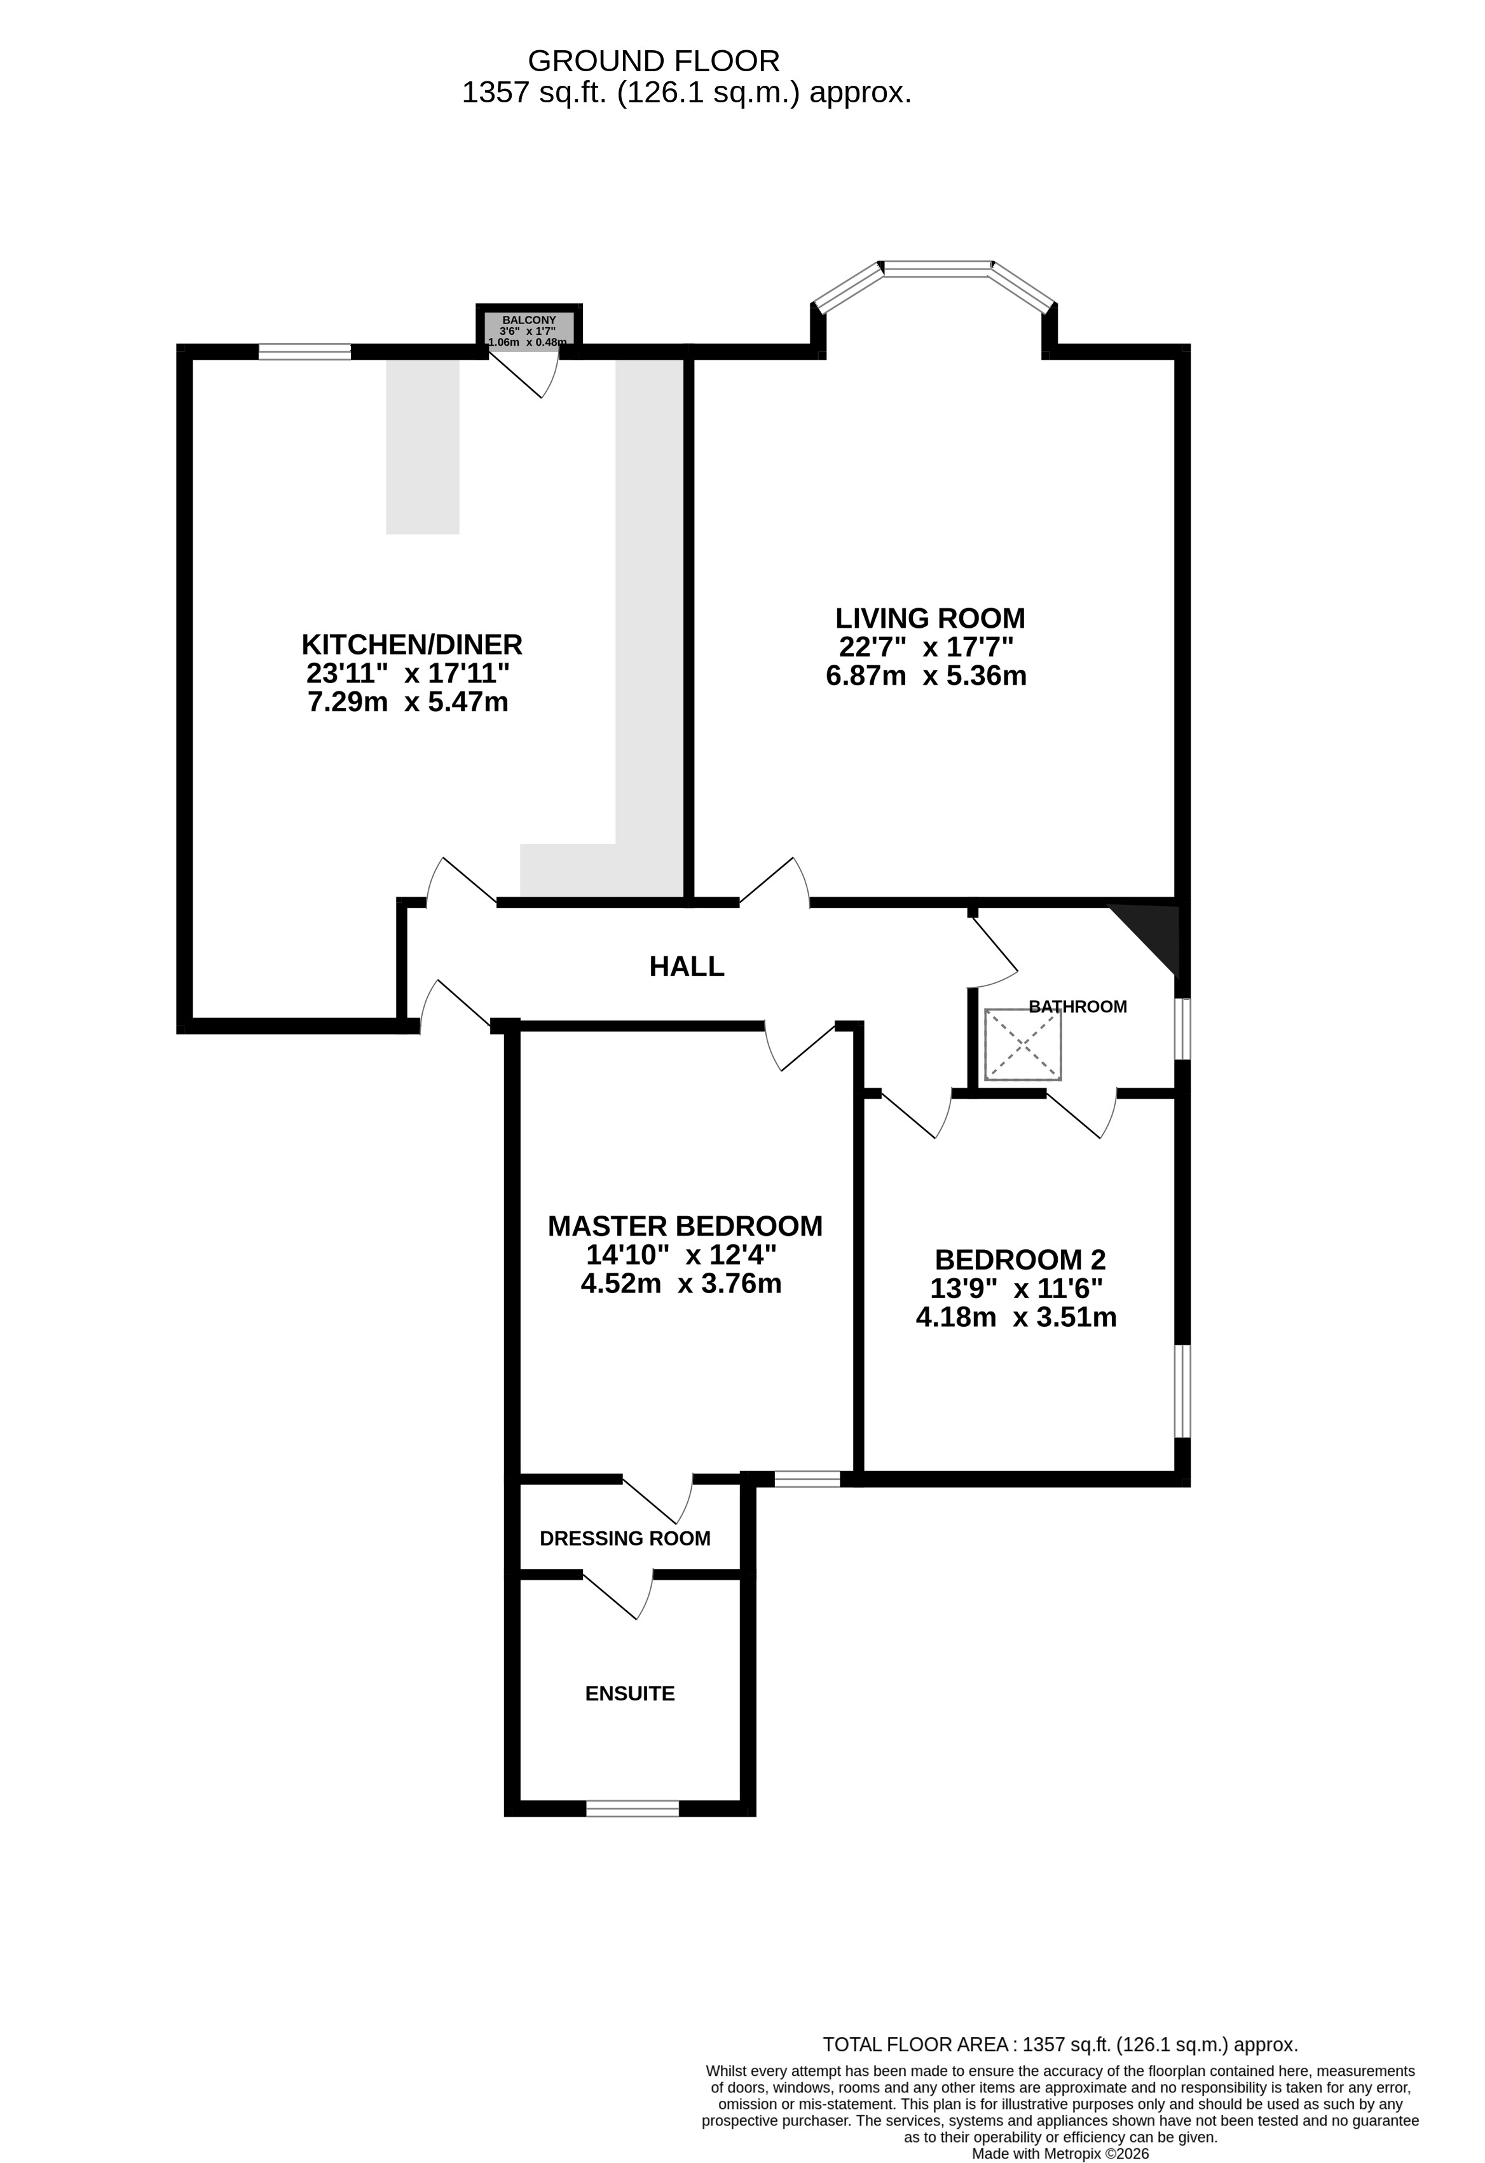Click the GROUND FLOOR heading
pyautogui.click(x=654, y=62)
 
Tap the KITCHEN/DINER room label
pyautogui.click(x=411, y=644)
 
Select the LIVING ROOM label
pyautogui.click(x=930, y=618)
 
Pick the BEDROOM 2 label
pyautogui.click(x=1020, y=1259)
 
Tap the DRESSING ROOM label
pyautogui.click(x=625, y=1538)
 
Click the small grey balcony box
pyautogui.click(x=530, y=330)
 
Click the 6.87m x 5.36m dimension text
pyautogui.click(x=926, y=675)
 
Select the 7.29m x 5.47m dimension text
pyautogui.click(x=407, y=702)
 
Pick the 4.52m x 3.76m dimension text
pyautogui.click(x=681, y=1284)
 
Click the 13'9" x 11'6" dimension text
pyautogui.click(x=1016, y=1289)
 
